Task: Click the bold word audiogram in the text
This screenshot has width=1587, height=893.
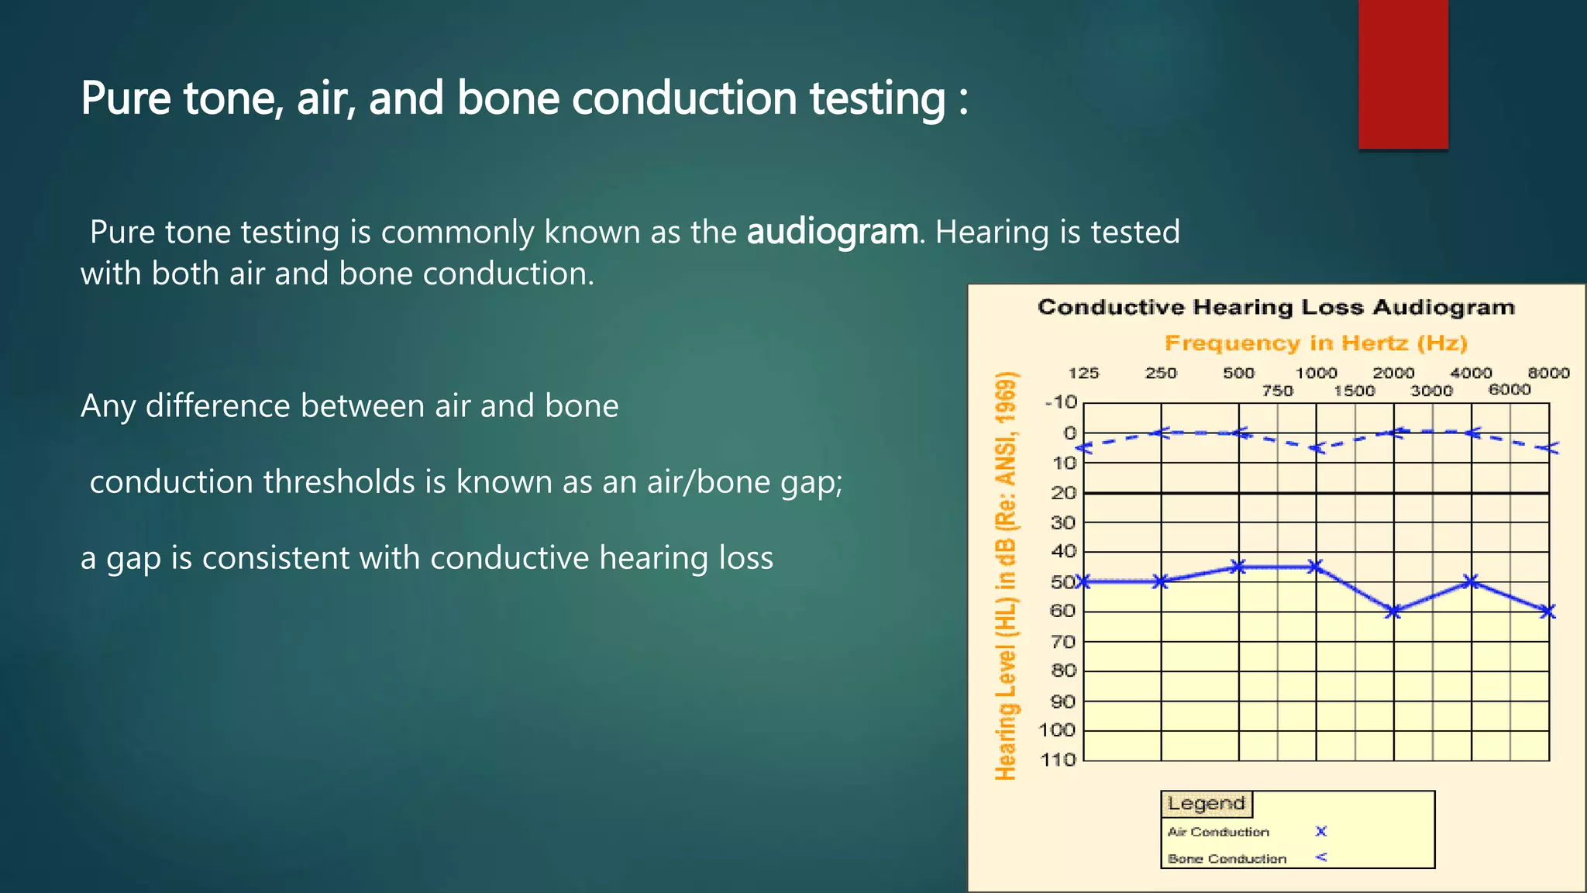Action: [x=831, y=233]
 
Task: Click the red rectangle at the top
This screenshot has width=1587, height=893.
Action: [x=1403, y=74]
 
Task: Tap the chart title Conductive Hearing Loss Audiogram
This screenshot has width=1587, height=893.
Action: [x=1275, y=307]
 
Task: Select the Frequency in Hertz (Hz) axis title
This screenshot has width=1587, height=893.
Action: [x=1316, y=343]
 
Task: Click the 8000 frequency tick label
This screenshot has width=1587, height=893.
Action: [x=1548, y=373]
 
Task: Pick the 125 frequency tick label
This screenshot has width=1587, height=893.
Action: [x=1083, y=373]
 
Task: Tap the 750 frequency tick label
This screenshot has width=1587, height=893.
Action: [x=1277, y=391]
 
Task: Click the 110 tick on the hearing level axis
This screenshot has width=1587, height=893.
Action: [x=1058, y=760]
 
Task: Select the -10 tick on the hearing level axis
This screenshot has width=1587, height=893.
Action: [x=1061, y=402]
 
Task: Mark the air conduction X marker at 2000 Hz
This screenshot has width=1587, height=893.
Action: [x=1393, y=612]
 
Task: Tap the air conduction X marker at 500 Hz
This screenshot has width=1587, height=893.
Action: [x=1238, y=567]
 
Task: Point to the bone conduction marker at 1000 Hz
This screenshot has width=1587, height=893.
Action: [x=1316, y=448]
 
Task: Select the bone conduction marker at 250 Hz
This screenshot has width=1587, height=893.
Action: [x=1160, y=433]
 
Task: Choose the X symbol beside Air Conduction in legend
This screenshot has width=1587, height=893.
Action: [x=1321, y=831]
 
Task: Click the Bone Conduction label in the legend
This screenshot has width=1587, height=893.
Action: [x=1227, y=859]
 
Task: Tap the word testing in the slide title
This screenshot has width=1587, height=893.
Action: [x=877, y=99]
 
